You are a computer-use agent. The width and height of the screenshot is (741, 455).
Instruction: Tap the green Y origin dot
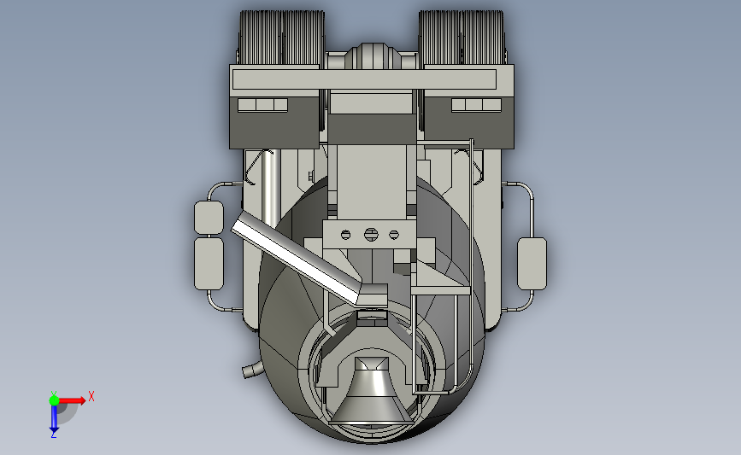coord(54,400)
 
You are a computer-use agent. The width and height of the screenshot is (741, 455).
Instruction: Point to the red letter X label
coord(91,396)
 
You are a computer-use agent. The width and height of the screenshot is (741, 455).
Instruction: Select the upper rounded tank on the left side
coord(209,218)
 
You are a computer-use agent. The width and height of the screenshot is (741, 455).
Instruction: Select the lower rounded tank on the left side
coord(209,264)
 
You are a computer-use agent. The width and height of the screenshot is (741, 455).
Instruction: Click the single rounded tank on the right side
coord(532,264)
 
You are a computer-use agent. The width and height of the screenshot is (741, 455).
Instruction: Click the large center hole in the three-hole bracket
coord(371,234)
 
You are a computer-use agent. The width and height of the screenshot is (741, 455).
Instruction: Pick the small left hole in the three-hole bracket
coord(345,235)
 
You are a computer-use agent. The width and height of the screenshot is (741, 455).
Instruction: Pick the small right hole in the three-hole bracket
coord(394,235)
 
